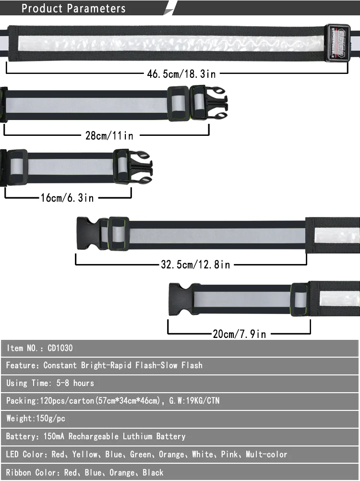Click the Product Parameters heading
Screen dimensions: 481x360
pyautogui.click(x=73, y=8)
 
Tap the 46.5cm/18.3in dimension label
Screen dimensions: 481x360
pyautogui.click(x=181, y=74)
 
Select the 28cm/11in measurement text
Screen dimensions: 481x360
pyautogui.click(x=109, y=136)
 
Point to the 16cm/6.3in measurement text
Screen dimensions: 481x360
pyautogui.click(x=67, y=197)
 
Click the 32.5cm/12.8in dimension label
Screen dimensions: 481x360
pyautogui.click(x=195, y=264)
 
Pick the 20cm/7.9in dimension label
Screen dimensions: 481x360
pyautogui.click(x=239, y=334)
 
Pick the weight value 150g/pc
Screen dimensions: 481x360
pyautogui.click(x=49, y=419)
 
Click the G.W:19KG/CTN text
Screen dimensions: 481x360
pyautogui.click(x=194, y=400)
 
